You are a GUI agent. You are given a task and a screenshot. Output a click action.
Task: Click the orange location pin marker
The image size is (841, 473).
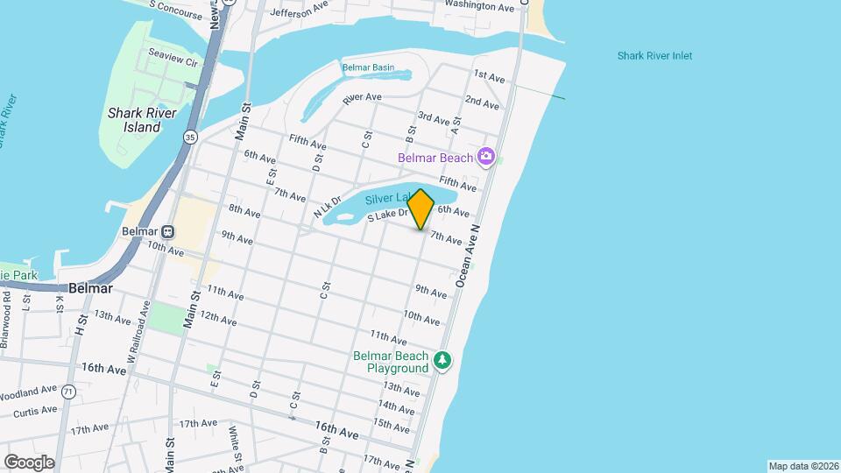pos(420,208)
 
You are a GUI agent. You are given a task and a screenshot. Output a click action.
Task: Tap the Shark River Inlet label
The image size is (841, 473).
pos(654,56)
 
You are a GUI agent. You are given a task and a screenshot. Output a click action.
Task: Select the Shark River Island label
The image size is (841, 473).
pos(142,120)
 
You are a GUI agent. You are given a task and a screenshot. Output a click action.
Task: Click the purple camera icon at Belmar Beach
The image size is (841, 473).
pos(486,158)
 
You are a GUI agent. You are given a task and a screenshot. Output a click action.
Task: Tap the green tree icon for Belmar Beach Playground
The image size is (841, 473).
pos(443,361)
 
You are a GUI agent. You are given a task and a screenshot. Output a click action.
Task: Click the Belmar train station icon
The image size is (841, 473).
pos(167,231)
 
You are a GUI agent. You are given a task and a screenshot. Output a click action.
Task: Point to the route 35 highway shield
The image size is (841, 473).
pos(190,137)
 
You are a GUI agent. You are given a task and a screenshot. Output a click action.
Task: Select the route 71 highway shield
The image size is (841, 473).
pos(67,393)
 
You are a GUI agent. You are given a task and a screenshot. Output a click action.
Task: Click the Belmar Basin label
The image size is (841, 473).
pos(368,67)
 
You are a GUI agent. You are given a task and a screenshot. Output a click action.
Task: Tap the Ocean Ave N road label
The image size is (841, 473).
pos(470,253)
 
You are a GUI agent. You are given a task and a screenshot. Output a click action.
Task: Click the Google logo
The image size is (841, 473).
pos(29,462)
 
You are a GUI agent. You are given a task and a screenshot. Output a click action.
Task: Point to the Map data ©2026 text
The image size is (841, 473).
pos(802,466)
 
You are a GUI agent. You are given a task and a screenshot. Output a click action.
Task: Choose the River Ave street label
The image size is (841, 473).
pos(362,97)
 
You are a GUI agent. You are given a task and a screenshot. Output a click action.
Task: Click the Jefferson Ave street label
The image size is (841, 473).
pos(298,12)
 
